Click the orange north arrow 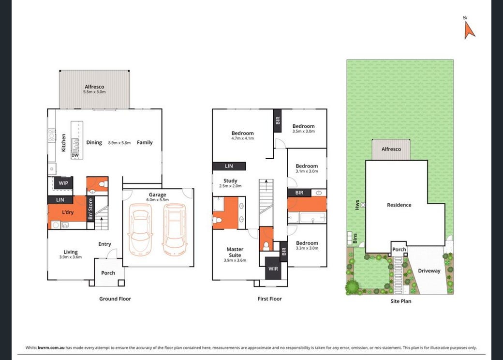[469, 31]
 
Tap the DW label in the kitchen [75, 155]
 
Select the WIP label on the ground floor [63, 183]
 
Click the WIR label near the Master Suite [273, 269]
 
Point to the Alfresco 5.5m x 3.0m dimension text [94, 92]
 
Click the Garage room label [157, 195]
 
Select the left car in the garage [140, 230]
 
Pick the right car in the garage [175, 230]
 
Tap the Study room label [230, 180]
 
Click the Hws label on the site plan [357, 205]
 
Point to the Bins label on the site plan [355, 238]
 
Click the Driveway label [429, 271]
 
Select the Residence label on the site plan [399, 205]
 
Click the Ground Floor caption [115, 299]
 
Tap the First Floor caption [269, 299]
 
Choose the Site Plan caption [400, 301]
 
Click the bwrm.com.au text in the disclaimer [51, 347]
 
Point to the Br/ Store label [90, 209]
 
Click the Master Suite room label [235, 252]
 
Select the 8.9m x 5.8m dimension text [119, 143]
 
